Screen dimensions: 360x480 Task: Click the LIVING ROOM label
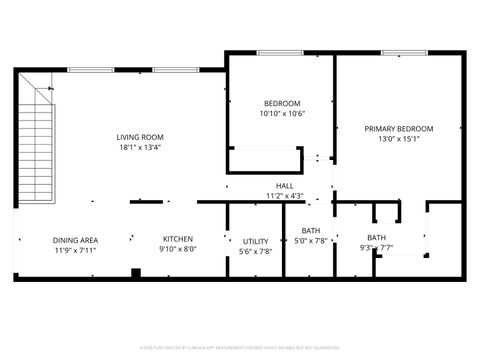click(140, 138)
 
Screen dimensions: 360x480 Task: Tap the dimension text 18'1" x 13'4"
click(140, 148)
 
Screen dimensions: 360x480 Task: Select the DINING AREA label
click(75, 239)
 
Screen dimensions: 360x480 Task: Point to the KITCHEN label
click(178, 239)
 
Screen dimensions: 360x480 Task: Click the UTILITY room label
click(255, 241)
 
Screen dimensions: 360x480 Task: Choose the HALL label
click(285, 186)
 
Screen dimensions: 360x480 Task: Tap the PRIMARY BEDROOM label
click(399, 129)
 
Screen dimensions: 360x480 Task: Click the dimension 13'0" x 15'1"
click(399, 139)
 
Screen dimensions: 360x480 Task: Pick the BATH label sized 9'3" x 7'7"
click(376, 237)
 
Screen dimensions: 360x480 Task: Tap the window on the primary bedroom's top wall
click(398, 53)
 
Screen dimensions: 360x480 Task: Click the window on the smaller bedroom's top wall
click(280, 53)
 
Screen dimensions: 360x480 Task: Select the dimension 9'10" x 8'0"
click(178, 249)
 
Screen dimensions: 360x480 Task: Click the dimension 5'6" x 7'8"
click(255, 251)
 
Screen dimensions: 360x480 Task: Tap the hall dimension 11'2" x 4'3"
click(285, 195)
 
